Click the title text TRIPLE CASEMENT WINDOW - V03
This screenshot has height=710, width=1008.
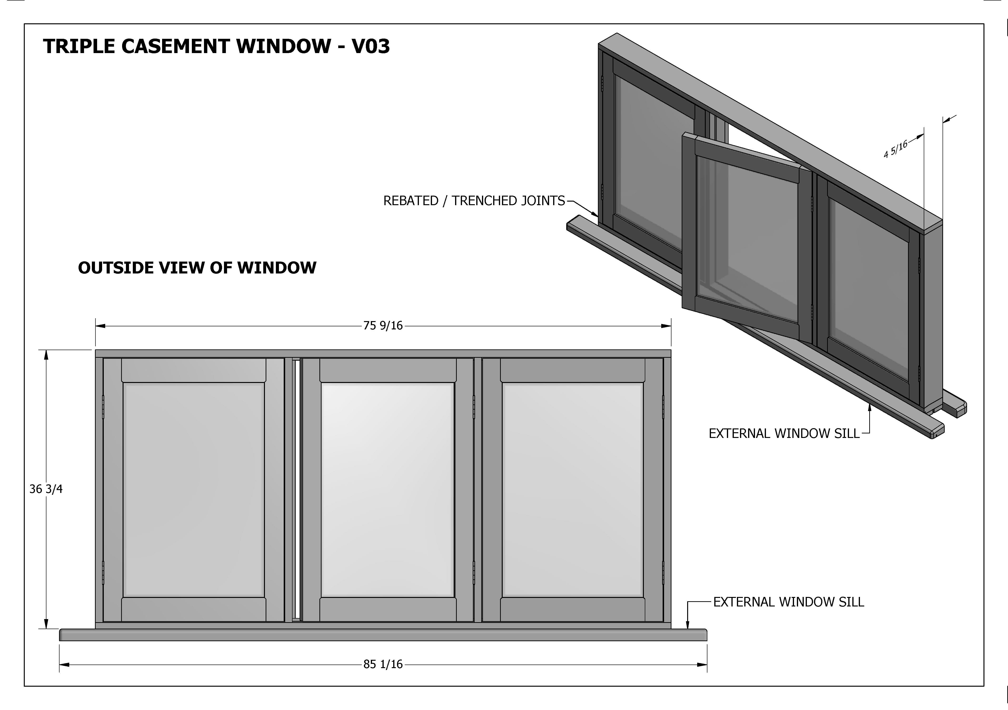(x=216, y=46)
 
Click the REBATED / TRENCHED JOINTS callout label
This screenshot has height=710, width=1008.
(x=474, y=201)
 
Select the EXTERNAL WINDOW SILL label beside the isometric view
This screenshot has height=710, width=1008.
(x=784, y=433)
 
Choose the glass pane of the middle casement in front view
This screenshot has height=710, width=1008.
(x=387, y=490)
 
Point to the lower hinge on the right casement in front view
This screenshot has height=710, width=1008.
(x=663, y=573)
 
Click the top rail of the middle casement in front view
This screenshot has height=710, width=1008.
(x=387, y=370)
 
